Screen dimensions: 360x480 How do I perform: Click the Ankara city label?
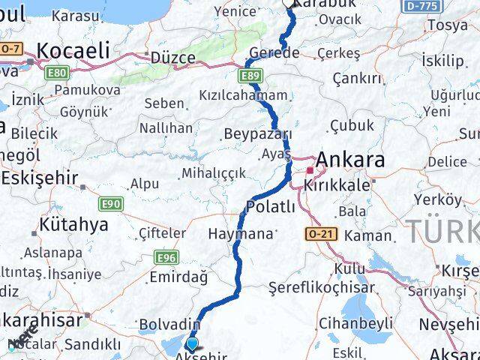pyautogui.click(x=351, y=160)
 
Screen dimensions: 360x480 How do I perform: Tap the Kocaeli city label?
pyautogui.click(x=73, y=50)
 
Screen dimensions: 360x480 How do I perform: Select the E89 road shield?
pyautogui.click(x=250, y=76)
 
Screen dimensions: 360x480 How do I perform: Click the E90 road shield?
pyautogui.click(x=111, y=203)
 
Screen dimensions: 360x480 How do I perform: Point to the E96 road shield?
pyautogui.click(x=166, y=257)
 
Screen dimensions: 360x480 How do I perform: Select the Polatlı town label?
pyautogui.click(x=270, y=207)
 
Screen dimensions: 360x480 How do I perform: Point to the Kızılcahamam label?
pyautogui.click(x=244, y=95)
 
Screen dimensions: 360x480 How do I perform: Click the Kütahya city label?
pyautogui.click(x=73, y=224)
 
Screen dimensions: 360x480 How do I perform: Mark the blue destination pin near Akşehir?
pyautogui.click(x=193, y=343)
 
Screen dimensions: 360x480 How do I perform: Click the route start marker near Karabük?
pyautogui.click(x=290, y=3)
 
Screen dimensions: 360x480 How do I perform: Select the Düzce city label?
pyautogui.click(x=173, y=57)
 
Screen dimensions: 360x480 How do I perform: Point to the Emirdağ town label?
pyautogui.click(x=178, y=277)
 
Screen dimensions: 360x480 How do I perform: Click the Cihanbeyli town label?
pyautogui.click(x=355, y=323)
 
